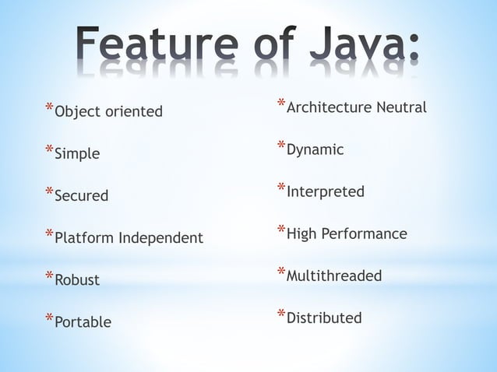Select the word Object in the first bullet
(76, 112)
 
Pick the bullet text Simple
(76, 154)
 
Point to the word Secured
(81, 196)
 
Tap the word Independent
(160, 238)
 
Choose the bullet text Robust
(77, 280)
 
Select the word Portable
(83, 322)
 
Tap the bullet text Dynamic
(315, 149)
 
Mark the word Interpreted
(325, 191)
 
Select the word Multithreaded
(334, 275)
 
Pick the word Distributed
(324, 318)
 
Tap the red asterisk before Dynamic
(281, 145)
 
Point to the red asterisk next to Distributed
(281, 313)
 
